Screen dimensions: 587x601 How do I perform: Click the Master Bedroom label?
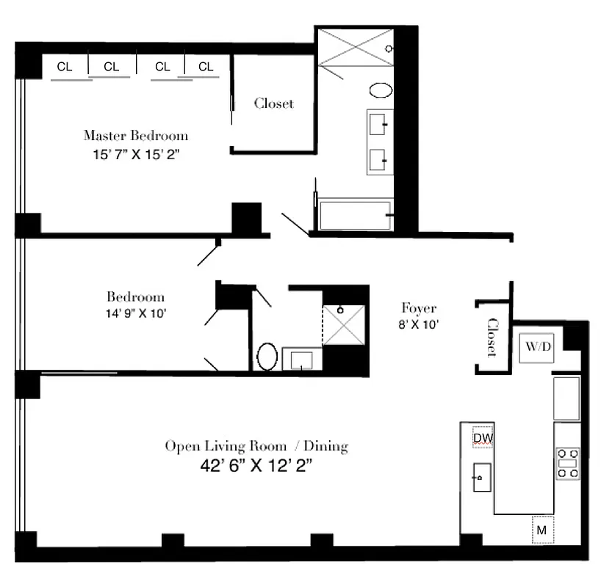click(135, 135)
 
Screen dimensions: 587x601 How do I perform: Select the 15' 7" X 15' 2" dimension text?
click(135, 155)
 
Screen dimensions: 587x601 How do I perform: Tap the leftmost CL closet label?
click(65, 67)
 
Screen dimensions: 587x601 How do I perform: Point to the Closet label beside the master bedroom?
click(273, 103)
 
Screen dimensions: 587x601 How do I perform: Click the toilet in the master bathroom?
click(381, 91)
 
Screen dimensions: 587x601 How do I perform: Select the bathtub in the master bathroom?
click(354, 216)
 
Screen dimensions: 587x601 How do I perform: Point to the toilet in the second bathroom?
click(267, 358)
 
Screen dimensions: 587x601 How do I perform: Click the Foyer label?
click(418, 308)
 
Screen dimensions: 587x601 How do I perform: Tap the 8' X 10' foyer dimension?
click(418, 324)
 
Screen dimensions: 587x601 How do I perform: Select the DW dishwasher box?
click(483, 438)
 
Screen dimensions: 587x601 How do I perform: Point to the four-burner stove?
click(566, 463)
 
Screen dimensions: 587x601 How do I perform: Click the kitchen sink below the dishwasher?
click(481, 478)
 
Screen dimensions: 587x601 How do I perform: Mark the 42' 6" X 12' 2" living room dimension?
click(256, 464)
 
